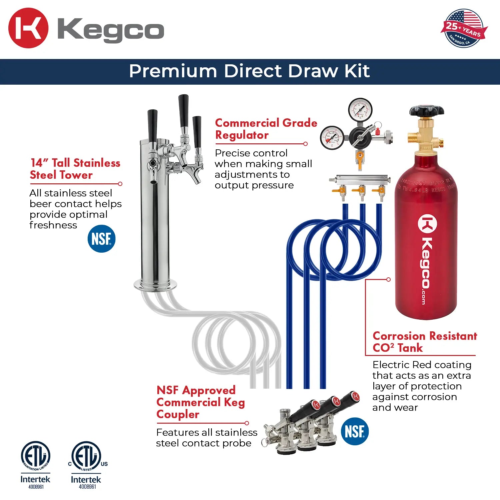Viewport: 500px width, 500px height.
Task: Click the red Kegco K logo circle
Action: pyautogui.click(x=28, y=28)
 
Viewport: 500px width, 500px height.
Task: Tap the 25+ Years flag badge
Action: pyautogui.click(x=464, y=28)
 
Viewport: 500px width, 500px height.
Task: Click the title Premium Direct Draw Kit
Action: pyautogui.click(x=249, y=71)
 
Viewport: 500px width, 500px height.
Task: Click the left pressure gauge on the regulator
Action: pyautogui.click(x=332, y=138)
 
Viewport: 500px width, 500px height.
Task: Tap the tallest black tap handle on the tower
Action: pyautogui.click(x=183, y=110)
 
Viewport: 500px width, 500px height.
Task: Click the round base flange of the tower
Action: pyautogui.click(x=155, y=285)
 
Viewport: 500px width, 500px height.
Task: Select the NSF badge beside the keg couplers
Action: pyautogui.click(x=355, y=431)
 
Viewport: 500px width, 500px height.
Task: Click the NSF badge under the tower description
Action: pyautogui.click(x=101, y=239)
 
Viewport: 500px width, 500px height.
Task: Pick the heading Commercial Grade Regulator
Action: pyautogui.click(x=266, y=129)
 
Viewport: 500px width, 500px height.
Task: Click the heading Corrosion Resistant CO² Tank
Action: pyautogui.click(x=424, y=342)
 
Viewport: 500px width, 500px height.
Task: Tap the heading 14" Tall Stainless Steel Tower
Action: pyautogui.click(x=75, y=169)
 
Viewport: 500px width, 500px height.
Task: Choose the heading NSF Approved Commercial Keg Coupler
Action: pyautogui.click(x=200, y=402)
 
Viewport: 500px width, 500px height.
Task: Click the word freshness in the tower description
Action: pyautogui.click(x=53, y=225)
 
